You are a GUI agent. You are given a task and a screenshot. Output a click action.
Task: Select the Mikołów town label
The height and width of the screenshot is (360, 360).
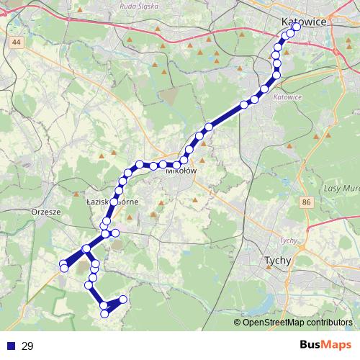pyautogui.click(x=181, y=171)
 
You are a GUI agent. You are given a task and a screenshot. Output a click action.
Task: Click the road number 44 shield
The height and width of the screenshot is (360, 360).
pyautogui.click(x=16, y=43)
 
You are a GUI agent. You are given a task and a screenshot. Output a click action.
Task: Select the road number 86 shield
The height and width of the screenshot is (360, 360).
pyautogui.click(x=307, y=204)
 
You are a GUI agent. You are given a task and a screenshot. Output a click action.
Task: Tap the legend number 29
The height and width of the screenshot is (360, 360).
pyautogui.click(x=28, y=346)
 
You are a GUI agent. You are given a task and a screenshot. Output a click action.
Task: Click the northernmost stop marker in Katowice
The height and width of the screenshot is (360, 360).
pyautogui.click(x=297, y=27)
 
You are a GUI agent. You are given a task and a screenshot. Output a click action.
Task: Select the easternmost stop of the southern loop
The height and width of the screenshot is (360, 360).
pyautogui.click(x=123, y=299)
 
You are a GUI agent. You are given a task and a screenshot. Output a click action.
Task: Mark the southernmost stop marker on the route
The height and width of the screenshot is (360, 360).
pyautogui.click(x=104, y=314)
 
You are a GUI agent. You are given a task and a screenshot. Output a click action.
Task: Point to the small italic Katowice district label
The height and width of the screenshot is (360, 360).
pyautogui.click(x=287, y=95)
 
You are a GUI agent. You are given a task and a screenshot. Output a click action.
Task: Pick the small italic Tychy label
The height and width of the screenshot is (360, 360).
pyautogui.click(x=288, y=240)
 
